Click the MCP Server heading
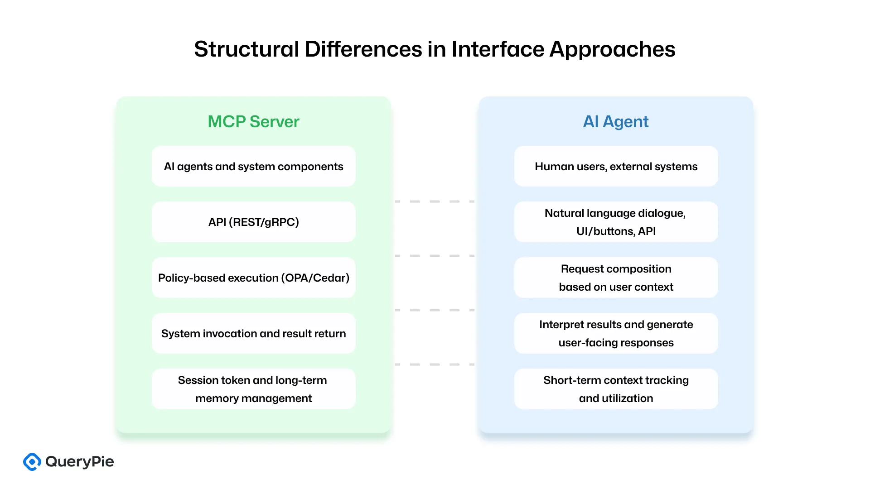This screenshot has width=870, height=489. tap(253, 121)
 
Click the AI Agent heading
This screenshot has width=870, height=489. tap(615, 121)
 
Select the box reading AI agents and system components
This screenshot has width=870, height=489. tap(253, 166)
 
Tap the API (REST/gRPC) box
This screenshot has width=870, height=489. tap(253, 222)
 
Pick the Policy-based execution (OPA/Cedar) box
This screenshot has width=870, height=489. tap(253, 278)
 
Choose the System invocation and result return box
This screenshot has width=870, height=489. tap(253, 333)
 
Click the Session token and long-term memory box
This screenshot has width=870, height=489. tap(253, 389)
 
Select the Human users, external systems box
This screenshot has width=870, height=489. tap(616, 166)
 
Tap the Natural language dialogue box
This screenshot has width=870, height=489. tap(616, 222)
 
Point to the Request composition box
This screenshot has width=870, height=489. tap(616, 278)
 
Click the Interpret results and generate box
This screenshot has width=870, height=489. tap(616, 333)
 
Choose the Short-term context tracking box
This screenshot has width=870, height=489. tap(616, 389)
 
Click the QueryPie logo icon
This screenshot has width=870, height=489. tap(32, 461)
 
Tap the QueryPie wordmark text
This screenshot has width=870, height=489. tap(80, 461)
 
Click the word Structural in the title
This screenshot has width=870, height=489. tap(246, 49)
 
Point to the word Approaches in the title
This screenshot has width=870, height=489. tap(612, 50)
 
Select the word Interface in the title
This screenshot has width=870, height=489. tap(498, 49)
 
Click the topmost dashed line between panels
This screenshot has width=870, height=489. tap(435, 201)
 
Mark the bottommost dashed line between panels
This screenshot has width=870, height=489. tap(435, 364)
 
